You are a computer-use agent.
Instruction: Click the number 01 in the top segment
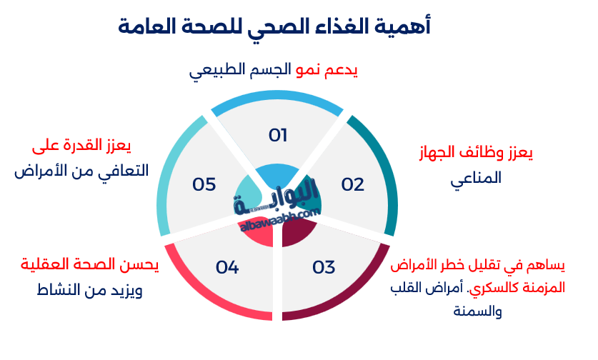(x=277, y=135)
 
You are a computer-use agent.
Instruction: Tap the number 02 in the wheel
(x=352, y=184)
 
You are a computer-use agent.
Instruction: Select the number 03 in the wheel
(x=324, y=268)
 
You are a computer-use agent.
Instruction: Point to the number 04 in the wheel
(x=226, y=268)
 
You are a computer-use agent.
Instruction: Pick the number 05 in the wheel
(x=204, y=184)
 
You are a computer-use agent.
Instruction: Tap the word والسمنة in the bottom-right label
(x=478, y=311)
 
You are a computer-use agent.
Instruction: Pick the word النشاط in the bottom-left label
(x=60, y=291)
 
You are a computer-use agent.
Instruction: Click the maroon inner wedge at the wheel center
(x=297, y=230)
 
